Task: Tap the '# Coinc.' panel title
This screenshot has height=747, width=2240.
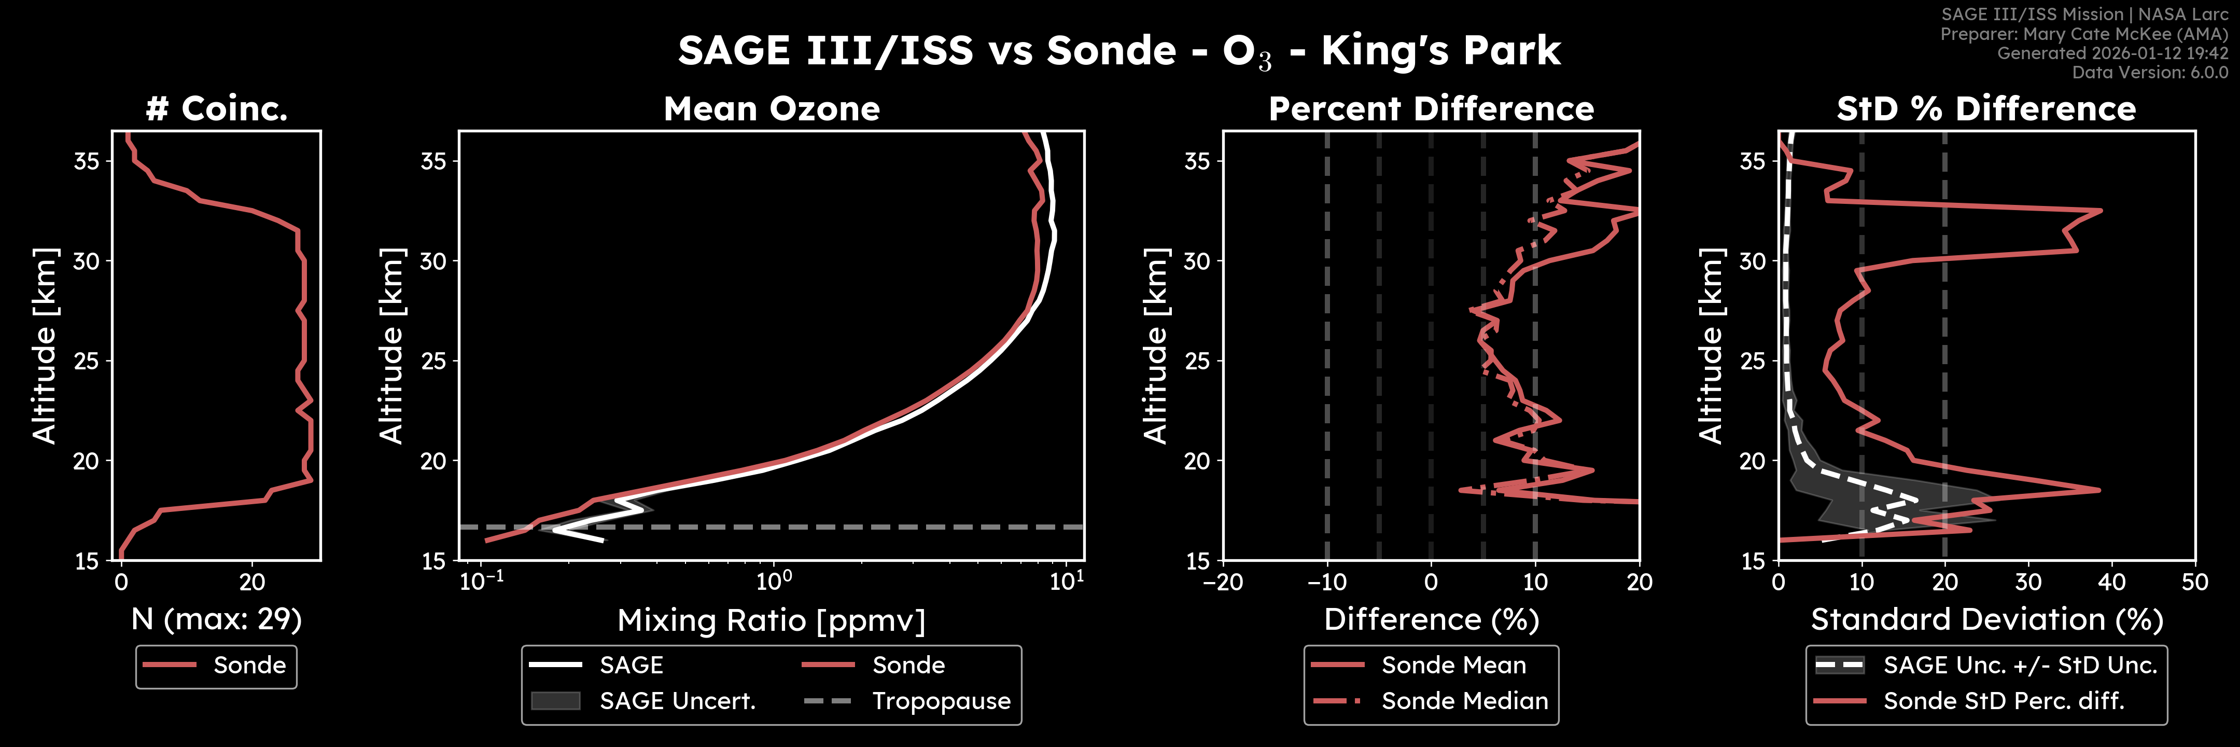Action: (217, 109)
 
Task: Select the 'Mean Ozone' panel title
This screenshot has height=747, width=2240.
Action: (772, 109)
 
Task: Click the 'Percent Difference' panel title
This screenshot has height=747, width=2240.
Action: (1431, 109)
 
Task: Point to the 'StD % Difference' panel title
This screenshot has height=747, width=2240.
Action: (1986, 109)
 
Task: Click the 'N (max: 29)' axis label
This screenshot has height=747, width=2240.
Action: (217, 619)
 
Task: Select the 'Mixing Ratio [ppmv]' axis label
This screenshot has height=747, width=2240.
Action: (772, 620)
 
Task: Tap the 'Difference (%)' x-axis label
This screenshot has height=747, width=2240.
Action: (1431, 619)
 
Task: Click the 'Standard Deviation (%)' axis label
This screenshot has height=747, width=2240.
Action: (1986, 619)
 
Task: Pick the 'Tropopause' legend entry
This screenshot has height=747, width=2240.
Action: (941, 701)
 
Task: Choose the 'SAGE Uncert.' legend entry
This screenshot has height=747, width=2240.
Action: (677, 701)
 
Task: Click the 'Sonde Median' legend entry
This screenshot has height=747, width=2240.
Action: (1464, 701)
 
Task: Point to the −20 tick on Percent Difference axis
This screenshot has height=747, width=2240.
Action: (1223, 582)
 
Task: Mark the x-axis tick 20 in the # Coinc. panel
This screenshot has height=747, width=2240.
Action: (252, 582)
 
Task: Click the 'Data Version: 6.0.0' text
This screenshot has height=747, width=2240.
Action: (2150, 72)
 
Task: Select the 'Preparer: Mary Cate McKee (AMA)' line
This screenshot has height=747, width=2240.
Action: (2083, 34)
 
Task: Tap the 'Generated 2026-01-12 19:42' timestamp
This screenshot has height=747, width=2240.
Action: (2112, 53)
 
